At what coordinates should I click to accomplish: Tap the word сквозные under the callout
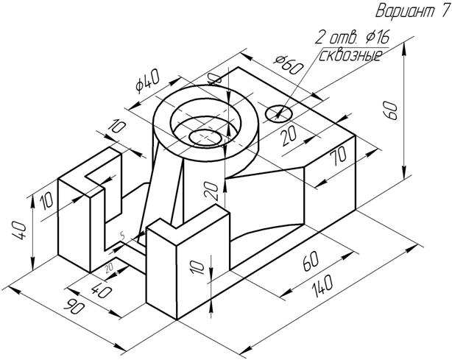click(350, 55)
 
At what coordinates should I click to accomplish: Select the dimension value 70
click(338, 156)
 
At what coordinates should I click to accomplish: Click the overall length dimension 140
click(320, 285)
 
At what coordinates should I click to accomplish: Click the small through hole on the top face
click(278, 113)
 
